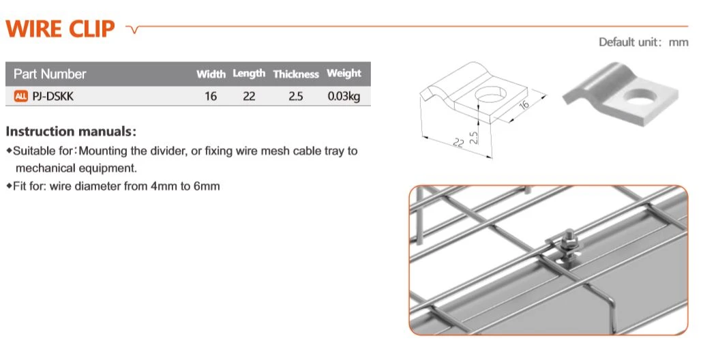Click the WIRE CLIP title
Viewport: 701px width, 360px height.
point(60,29)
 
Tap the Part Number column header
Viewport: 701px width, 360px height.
point(50,74)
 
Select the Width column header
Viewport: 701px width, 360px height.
point(211,74)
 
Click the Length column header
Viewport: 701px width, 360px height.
point(249,74)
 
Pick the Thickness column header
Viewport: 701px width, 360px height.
point(296,74)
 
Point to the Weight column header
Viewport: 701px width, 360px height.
point(344,74)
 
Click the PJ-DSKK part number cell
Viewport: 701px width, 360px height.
point(53,96)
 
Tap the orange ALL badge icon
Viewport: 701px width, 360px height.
point(21,96)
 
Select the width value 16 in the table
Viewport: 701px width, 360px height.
point(211,96)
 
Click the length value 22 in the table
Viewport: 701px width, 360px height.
point(249,96)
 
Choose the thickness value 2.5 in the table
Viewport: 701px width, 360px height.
point(295,96)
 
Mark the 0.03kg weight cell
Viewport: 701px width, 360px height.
point(344,97)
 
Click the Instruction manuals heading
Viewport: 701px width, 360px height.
point(71,132)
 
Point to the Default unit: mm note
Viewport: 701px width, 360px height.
point(643,42)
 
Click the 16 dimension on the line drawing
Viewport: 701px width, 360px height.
point(524,104)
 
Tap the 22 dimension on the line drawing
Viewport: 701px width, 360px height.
point(459,142)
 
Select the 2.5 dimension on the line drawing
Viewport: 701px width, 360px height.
point(474,137)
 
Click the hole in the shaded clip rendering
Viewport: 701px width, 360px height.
point(640,97)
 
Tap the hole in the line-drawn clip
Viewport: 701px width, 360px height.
point(491,95)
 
